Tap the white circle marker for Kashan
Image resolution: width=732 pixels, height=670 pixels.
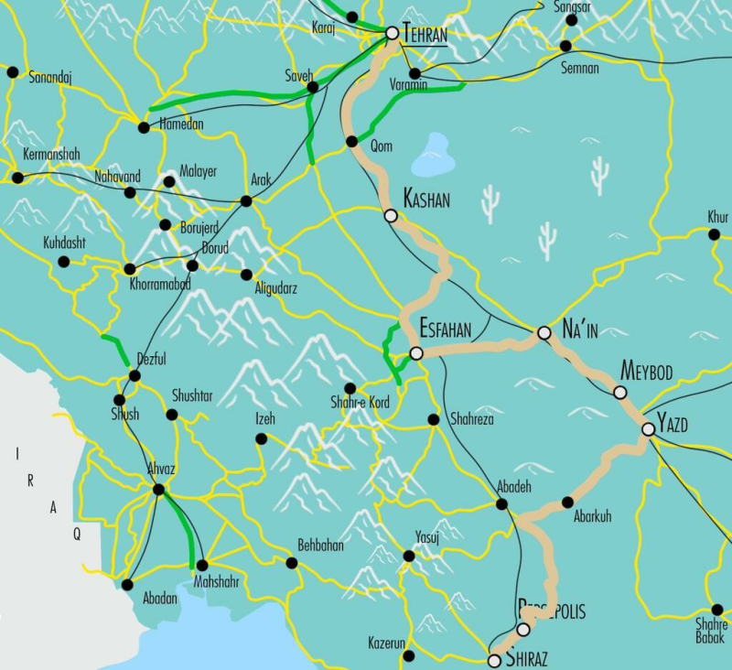pyautogui.click(x=391, y=216)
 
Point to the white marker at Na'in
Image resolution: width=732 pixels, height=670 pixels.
pyautogui.click(x=544, y=334)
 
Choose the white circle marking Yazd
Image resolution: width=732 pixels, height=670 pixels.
pyautogui.click(x=649, y=428)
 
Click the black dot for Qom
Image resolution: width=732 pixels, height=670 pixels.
pyautogui.click(x=351, y=142)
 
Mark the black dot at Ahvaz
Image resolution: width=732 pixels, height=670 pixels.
pyautogui.click(x=158, y=490)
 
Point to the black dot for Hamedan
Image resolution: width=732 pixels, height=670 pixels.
pyautogui.click(x=144, y=127)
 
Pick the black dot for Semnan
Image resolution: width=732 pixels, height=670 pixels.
pyautogui.click(x=565, y=46)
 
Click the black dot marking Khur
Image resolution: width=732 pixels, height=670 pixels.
pyautogui.click(x=714, y=234)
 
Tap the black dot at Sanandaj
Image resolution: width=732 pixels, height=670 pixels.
pyautogui.click(x=12, y=71)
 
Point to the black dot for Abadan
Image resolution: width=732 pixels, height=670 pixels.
pyautogui.click(x=127, y=584)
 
